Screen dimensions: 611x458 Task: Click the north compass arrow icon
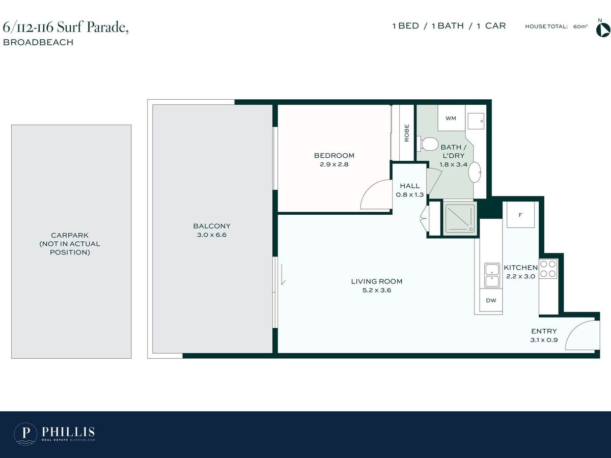click(603, 30)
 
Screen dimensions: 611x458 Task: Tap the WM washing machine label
click(451, 118)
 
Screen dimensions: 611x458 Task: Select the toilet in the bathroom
click(428, 144)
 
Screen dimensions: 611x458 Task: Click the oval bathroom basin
click(475, 172)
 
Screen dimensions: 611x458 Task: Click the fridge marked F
click(520, 215)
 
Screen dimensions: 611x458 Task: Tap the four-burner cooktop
click(548, 269)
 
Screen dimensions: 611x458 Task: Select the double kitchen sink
click(492, 275)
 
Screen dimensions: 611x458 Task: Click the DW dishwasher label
click(491, 300)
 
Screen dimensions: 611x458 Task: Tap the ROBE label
click(407, 133)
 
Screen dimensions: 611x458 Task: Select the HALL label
click(410, 186)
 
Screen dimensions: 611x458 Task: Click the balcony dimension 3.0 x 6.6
click(211, 235)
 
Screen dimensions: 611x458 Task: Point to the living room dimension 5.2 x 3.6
click(377, 290)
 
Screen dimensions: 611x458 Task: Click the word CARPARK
click(70, 235)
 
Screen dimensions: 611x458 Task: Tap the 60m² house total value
click(580, 26)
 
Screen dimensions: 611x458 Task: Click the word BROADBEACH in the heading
click(38, 42)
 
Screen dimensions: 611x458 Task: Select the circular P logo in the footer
click(25, 434)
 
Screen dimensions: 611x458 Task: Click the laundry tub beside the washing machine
click(476, 121)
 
